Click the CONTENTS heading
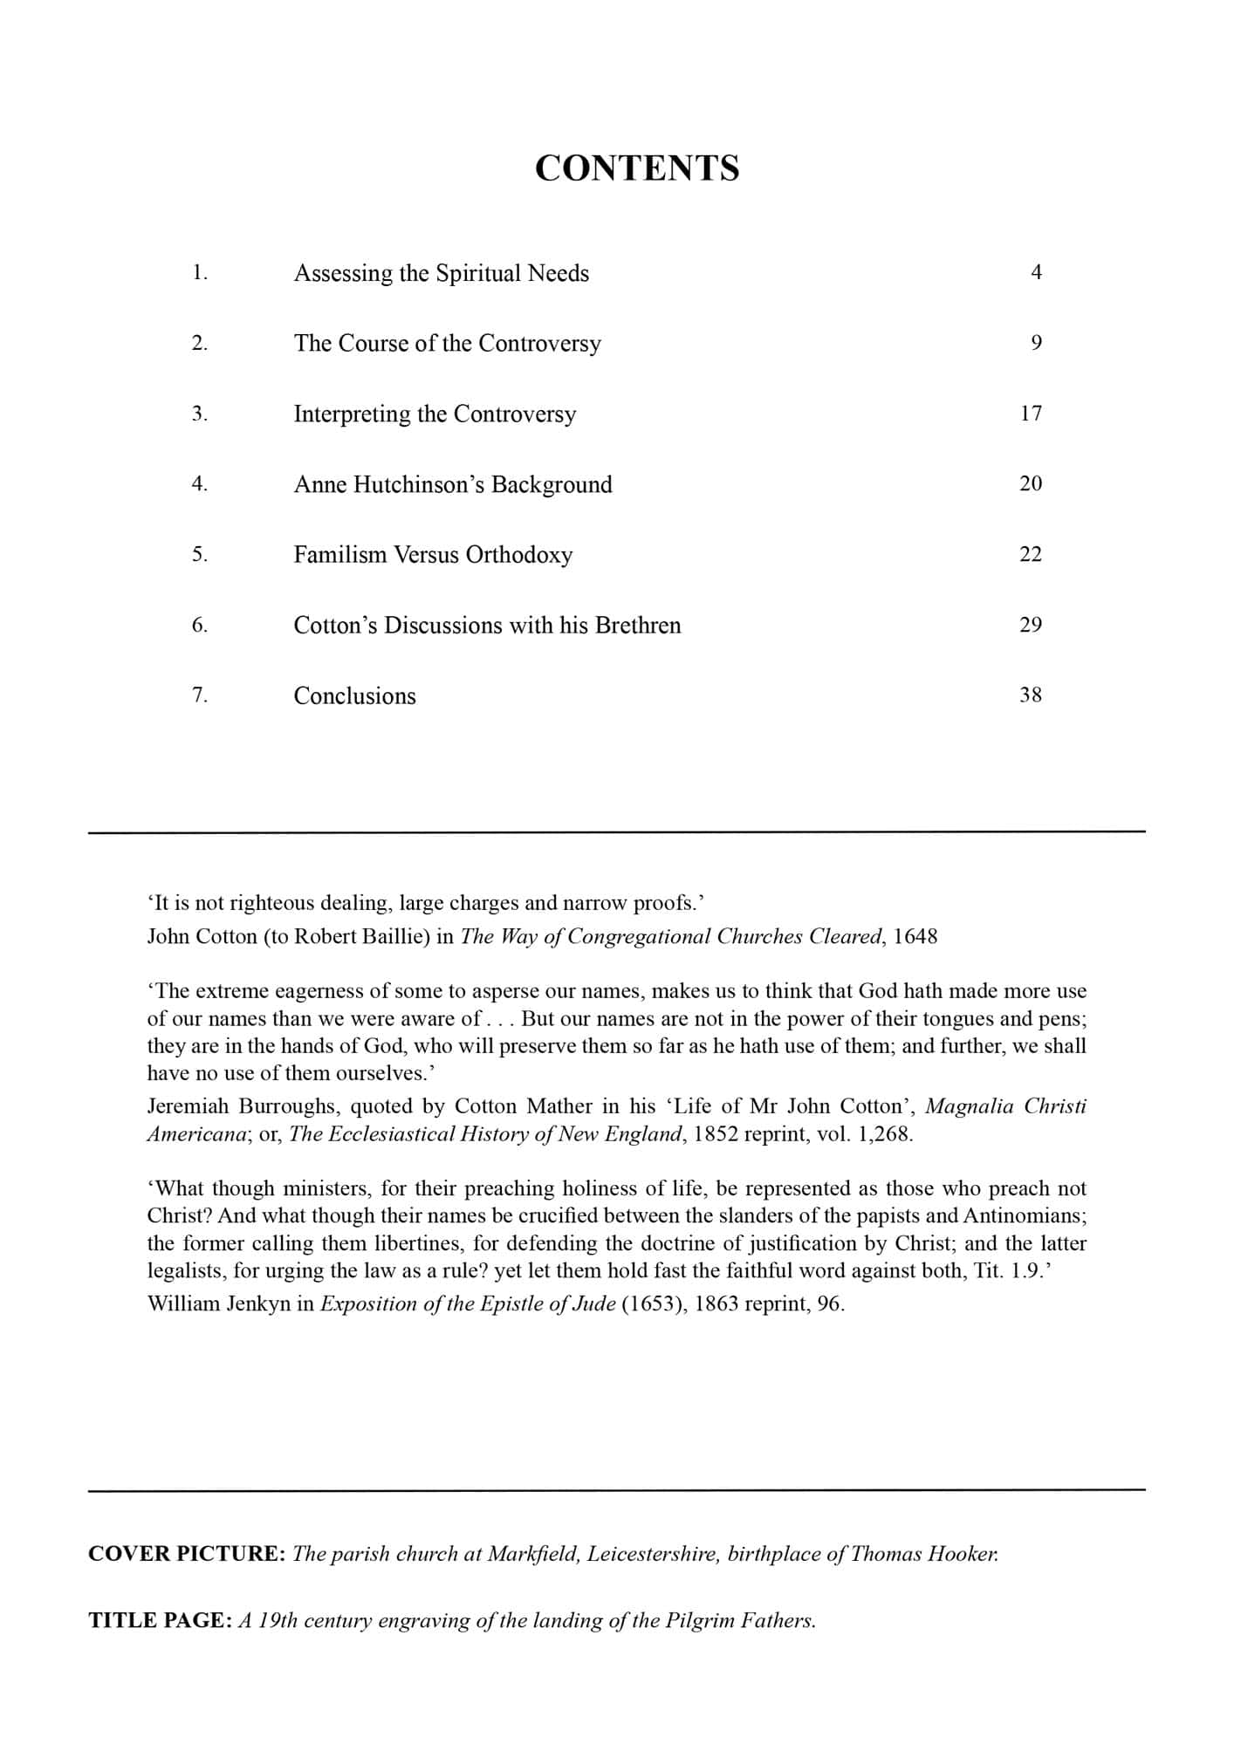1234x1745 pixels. (x=636, y=168)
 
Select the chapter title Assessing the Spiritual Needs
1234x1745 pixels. (x=441, y=273)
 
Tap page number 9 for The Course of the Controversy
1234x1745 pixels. (x=1036, y=343)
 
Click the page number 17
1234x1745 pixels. (x=1031, y=414)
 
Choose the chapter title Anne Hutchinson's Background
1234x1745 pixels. (x=453, y=484)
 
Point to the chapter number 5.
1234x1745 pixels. (x=199, y=555)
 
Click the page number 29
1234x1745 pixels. (x=1031, y=625)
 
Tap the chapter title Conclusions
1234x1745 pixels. (x=354, y=695)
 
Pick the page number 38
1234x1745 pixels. (x=1031, y=695)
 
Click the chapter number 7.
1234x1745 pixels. (x=199, y=695)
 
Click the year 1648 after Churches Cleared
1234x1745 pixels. (x=915, y=936)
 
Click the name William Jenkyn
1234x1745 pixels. (x=218, y=1304)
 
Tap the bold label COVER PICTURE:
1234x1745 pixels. (x=187, y=1554)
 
